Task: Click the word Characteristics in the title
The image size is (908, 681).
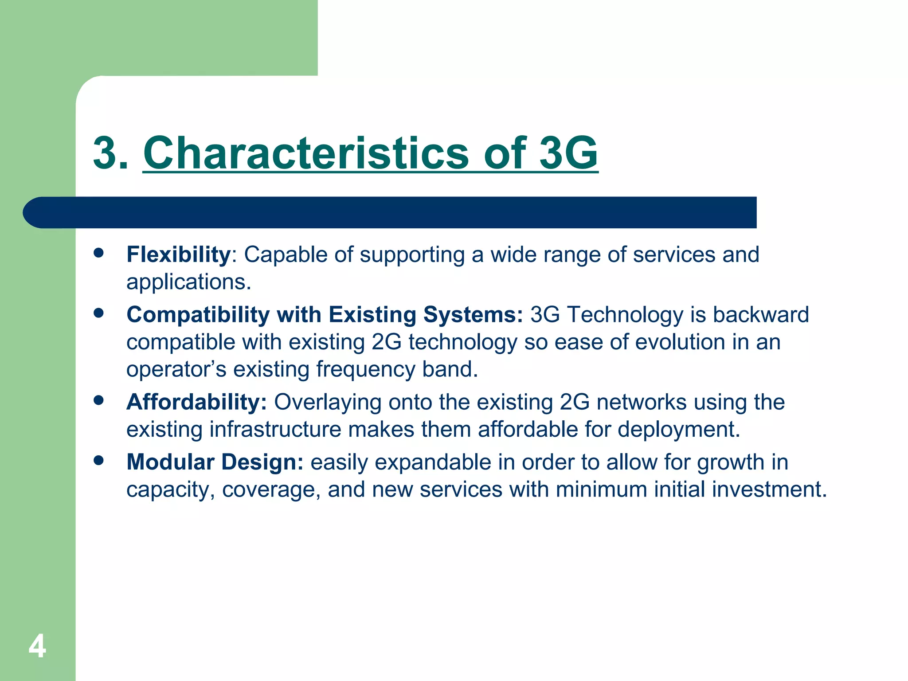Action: (305, 153)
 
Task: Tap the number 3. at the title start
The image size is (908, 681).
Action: (111, 153)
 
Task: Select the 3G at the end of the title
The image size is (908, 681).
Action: (568, 153)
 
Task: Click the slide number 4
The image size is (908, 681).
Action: (37, 646)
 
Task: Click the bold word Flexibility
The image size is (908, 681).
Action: (178, 254)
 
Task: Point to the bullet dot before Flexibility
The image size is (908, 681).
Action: (98, 253)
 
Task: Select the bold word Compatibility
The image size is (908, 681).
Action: (198, 315)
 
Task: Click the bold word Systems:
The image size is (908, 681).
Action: (473, 315)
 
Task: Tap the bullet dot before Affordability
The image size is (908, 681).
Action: (98, 401)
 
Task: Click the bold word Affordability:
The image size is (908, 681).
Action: (196, 402)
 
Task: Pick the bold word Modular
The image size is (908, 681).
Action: (170, 462)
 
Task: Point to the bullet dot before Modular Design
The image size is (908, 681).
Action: (98, 461)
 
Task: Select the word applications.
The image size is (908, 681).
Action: (188, 282)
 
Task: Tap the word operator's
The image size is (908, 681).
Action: (176, 370)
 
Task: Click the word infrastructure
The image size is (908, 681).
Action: (275, 429)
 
